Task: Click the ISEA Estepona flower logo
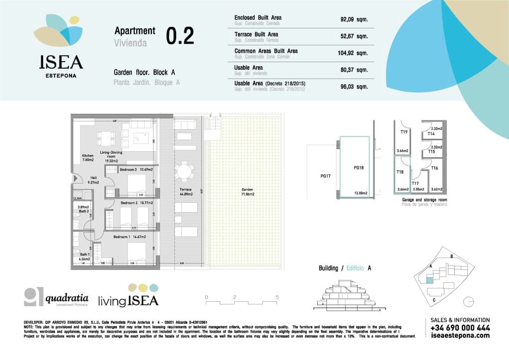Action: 58,32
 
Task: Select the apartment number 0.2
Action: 180,36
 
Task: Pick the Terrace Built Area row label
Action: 256,34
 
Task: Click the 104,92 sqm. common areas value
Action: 354,53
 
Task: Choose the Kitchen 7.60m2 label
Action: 87,158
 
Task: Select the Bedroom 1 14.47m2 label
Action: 129,237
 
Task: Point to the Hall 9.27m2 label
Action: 93,180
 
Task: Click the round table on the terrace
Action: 184,172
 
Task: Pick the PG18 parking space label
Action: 359,168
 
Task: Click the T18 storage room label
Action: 400,172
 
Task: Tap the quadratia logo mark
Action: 33,297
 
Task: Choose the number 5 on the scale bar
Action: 277,297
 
